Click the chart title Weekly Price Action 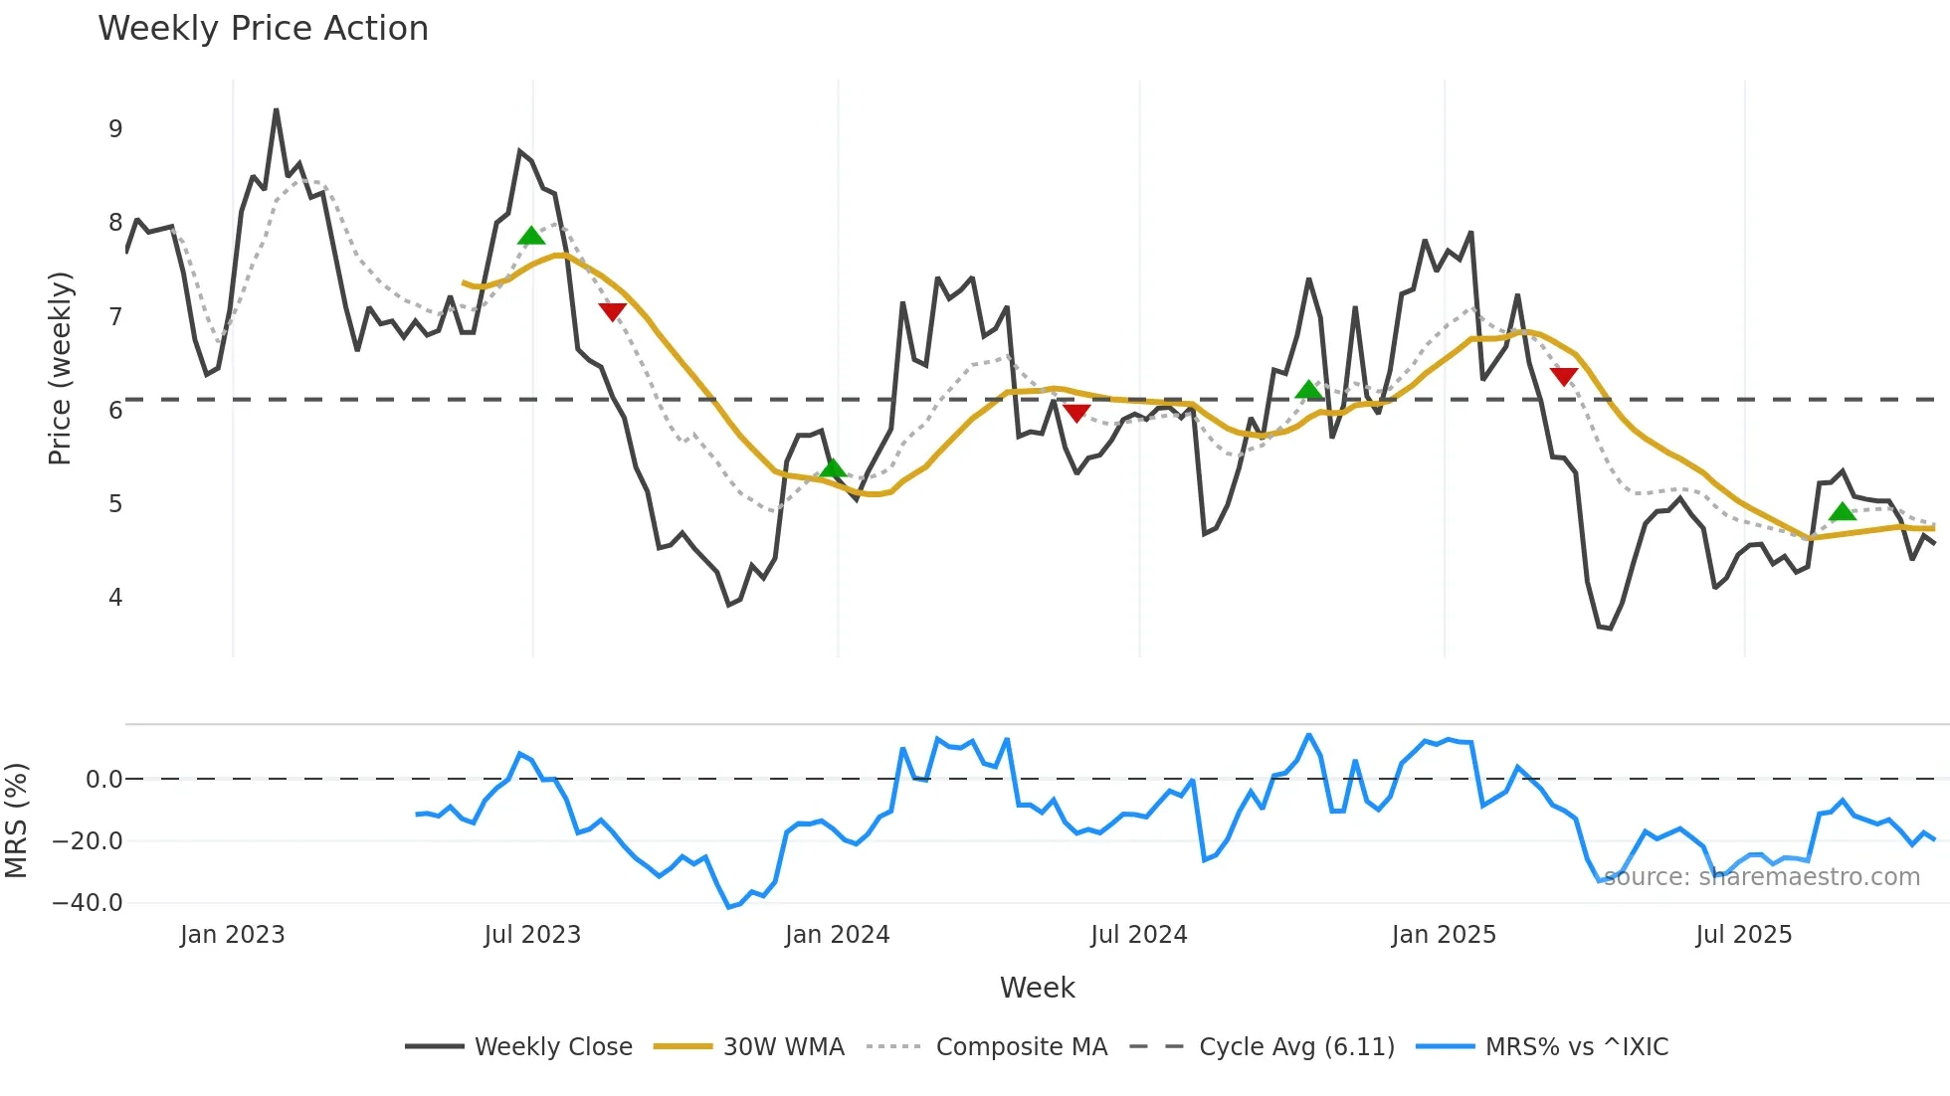pyautogui.click(x=263, y=29)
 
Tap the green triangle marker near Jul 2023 pyautogui.click(x=531, y=236)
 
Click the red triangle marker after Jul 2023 pyautogui.click(x=613, y=311)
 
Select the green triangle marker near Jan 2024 pyautogui.click(x=833, y=468)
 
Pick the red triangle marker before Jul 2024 pyautogui.click(x=1076, y=413)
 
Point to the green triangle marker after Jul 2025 pyautogui.click(x=1843, y=512)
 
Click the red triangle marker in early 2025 pyautogui.click(x=1564, y=376)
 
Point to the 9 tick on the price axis pyautogui.click(x=115, y=129)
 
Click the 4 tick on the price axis pyautogui.click(x=115, y=598)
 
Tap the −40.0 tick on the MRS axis pyautogui.click(x=88, y=903)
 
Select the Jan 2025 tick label pyautogui.click(x=1444, y=935)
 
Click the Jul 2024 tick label pyautogui.click(x=1139, y=935)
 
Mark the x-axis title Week pyautogui.click(x=1037, y=988)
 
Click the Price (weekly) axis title pyautogui.click(x=61, y=368)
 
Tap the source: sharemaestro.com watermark pyautogui.click(x=1762, y=877)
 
